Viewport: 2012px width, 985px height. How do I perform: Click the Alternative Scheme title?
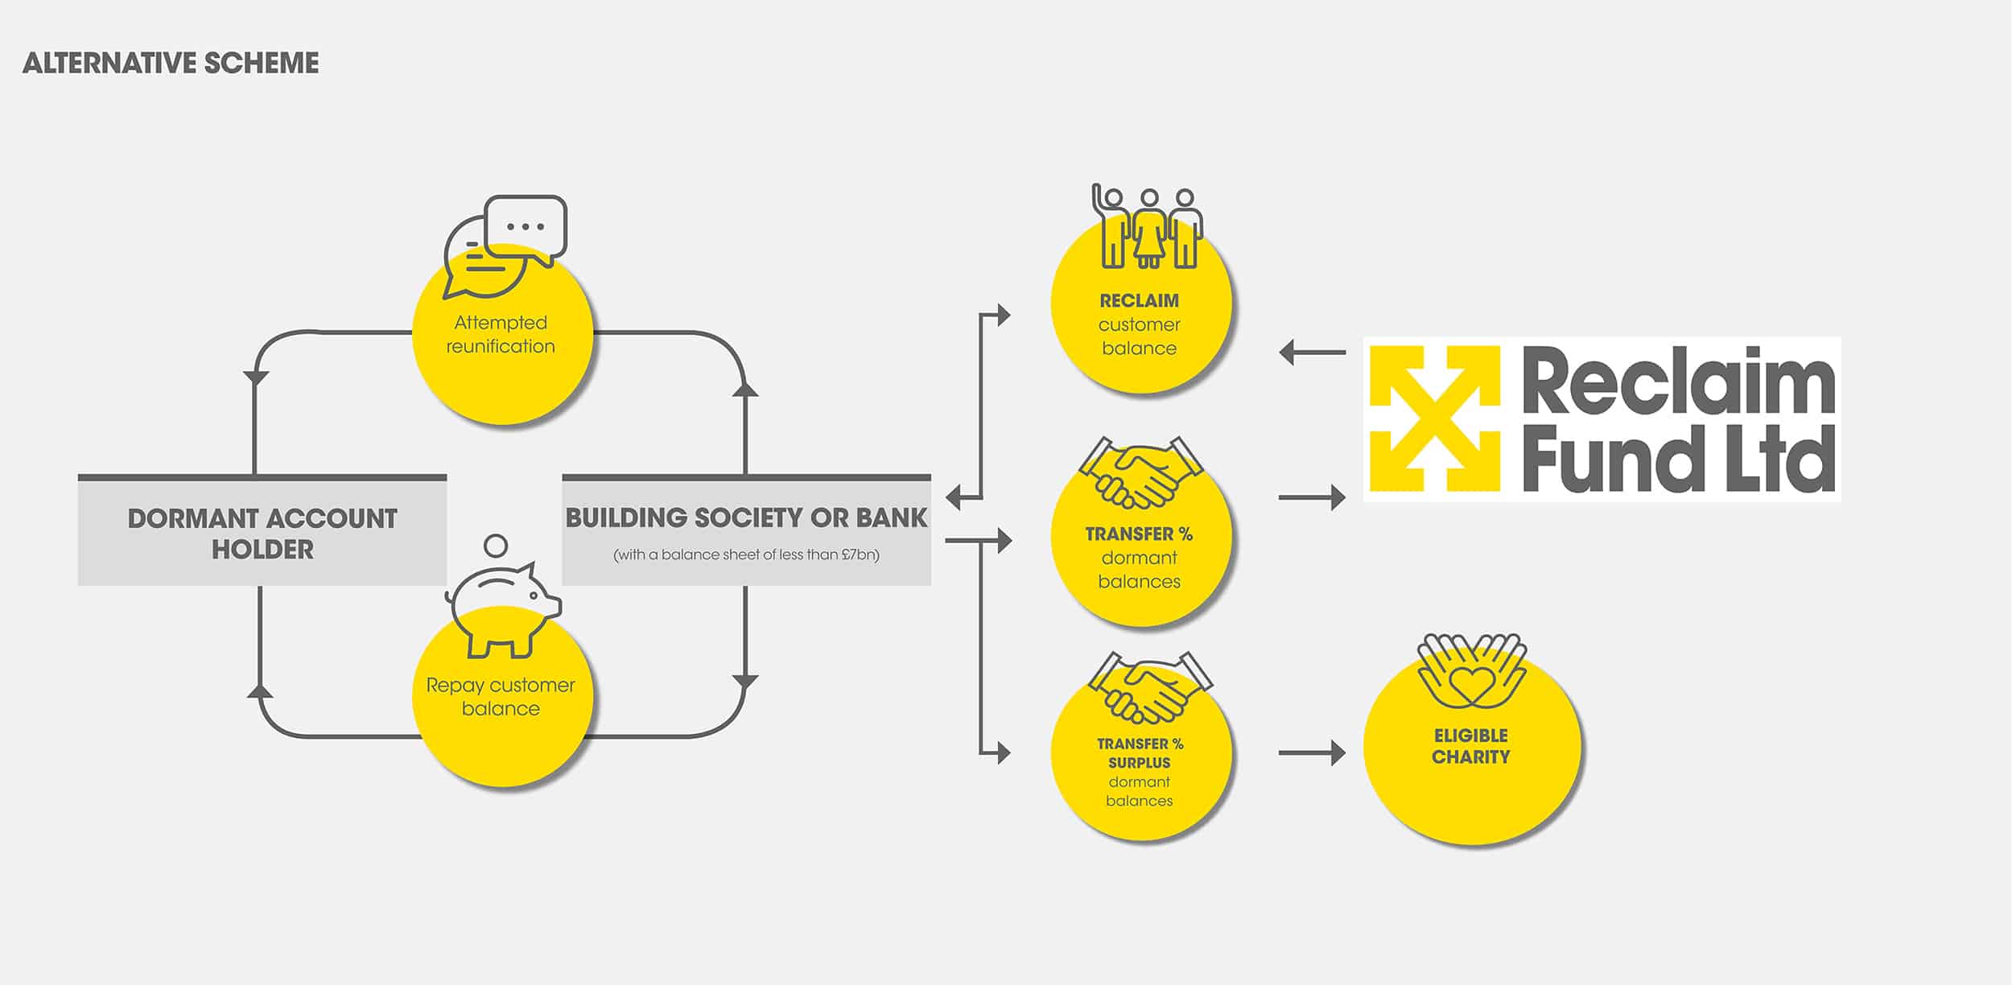[x=171, y=63]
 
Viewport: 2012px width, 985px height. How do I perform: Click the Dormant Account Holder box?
[x=262, y=530]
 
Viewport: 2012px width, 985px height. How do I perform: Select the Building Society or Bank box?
[x=746, y=530]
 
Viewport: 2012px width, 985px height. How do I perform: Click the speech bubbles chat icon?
[x=505, y=246]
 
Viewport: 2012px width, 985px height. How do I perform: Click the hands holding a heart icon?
[x=1472, y=670]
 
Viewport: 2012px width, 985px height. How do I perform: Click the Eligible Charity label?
[x=1471, y=746]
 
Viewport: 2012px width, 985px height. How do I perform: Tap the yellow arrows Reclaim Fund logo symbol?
[x=1435, y=418]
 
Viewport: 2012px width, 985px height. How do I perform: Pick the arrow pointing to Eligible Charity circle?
[x=1312, y=753]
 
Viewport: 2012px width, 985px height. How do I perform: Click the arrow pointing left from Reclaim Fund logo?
[x=1312, y=352]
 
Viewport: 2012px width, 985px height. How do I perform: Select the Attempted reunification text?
[x=501, y=334]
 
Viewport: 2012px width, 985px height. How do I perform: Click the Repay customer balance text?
[x=501, y=697]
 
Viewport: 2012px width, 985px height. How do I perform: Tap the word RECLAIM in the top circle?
[x=1139, y=301]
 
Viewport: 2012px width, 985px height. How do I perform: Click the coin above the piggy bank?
[x=497, y=546]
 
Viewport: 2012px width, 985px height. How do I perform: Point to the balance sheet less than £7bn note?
[x=746, y=554]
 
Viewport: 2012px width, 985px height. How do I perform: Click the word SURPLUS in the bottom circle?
[x=1139, y=763]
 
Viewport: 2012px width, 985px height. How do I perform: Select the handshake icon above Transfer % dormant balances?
[x=1141, y=472]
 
